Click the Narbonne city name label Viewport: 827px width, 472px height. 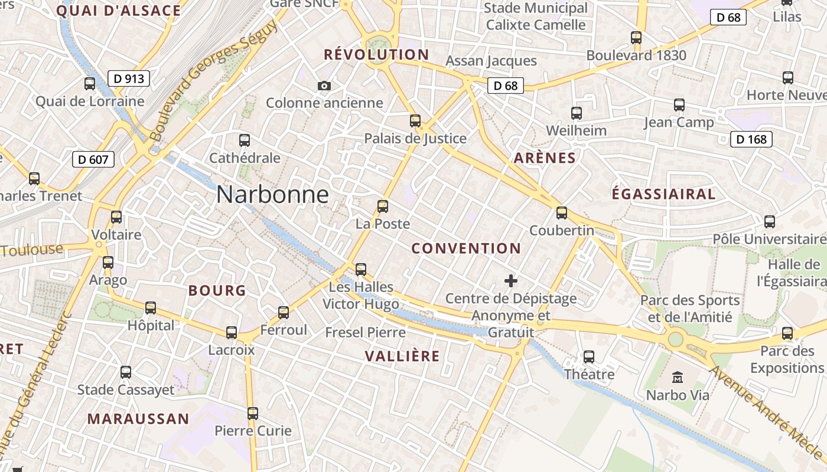tap(272, 195)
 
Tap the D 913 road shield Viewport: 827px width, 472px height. tap(129, 78)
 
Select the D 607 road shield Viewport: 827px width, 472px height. tap(93, 159)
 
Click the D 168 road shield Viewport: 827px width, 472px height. tap(751, 139)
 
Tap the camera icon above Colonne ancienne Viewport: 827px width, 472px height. tap(324, 86)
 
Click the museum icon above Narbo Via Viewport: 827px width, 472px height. tap(677, 376)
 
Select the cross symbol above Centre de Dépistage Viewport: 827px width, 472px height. tap(511, 281)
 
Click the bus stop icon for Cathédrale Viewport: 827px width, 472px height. tap(245, 140)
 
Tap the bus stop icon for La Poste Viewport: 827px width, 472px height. tap(383, 206)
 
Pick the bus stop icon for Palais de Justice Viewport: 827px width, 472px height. tap(415, 121)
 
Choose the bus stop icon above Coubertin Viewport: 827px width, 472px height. tap(562, 213)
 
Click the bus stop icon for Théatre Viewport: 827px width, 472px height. tap(589, 357)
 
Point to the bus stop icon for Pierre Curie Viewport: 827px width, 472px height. tap(253, 414)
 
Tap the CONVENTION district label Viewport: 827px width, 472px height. tap(466, 248)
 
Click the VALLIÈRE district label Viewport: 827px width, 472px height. tap(402, 356)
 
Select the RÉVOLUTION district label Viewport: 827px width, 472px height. tap(376, 55)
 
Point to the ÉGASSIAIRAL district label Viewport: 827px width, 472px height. tap(663, 194)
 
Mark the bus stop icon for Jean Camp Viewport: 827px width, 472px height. tap(679, 105)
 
